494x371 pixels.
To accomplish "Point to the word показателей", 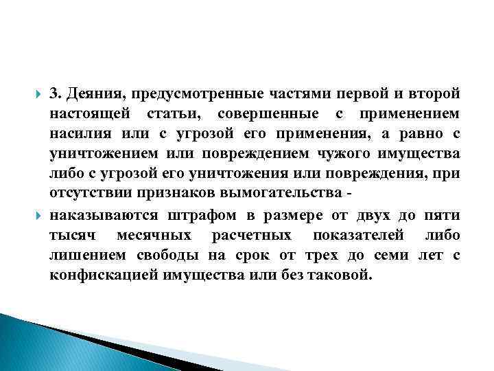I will click(356, 236).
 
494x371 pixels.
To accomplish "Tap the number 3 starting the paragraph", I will click(53, 94).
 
